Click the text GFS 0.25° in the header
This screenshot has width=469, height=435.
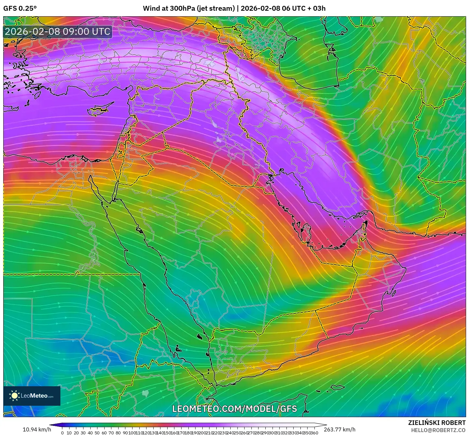point(20,8)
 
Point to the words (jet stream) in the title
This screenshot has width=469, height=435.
point(215,8)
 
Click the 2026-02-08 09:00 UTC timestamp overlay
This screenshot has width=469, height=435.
point(57,32)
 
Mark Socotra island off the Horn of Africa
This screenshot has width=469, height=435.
point(338,387)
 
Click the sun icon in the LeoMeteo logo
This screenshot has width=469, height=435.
point(14,396)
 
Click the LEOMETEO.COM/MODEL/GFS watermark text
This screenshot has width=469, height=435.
point(234,409)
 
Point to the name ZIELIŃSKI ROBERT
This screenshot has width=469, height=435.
point(437,423)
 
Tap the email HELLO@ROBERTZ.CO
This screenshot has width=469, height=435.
point(438,430)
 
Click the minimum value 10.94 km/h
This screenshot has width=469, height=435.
point(37,429)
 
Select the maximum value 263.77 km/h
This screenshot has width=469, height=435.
point(340,429)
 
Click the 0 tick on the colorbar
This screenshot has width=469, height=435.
point(62,433)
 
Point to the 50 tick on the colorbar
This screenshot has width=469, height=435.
point(97,433)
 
